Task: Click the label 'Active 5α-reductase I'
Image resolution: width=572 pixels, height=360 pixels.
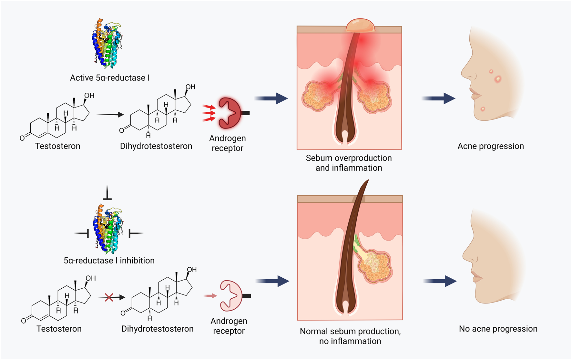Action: tap(110, 78)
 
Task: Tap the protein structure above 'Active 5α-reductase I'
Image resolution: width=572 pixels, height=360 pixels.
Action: tap(107, 43)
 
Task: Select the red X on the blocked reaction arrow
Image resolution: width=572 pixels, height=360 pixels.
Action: tap(109, 297)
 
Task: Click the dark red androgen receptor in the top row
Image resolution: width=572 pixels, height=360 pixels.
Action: tap(230, 113)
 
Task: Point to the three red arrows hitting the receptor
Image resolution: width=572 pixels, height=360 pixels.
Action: tap(209, 113)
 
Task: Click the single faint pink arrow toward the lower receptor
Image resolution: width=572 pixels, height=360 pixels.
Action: tap(210, 296)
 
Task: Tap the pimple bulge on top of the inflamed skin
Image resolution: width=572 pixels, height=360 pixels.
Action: tap(361, 26)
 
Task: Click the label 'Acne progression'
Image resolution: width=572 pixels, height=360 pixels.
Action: tap(490, 146)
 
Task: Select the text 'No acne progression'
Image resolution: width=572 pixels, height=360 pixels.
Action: tap(498, 329)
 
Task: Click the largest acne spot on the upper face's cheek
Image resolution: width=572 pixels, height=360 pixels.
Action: tap(498, 78)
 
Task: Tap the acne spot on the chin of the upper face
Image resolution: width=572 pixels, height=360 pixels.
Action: tap(483, 109)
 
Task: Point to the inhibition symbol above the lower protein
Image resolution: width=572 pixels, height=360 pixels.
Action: tap(107, 193)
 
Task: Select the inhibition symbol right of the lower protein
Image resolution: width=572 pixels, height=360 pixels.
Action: tap(135, 233)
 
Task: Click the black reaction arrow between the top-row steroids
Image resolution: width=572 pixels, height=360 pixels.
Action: tap(110, 115)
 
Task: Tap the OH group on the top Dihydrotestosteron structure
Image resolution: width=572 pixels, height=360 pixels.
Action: tap(190, 87)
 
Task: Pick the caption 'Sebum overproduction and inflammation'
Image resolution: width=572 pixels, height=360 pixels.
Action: tap(349, 163)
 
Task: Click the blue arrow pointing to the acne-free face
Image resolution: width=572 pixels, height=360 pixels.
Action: tap(440, 281)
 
